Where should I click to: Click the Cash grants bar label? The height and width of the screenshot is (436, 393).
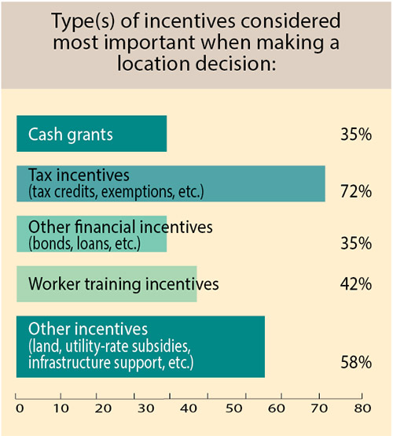pos(71,134)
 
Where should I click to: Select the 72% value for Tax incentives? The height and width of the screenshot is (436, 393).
pos(356,191)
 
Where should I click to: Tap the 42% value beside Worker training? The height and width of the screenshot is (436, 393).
pos(356,283)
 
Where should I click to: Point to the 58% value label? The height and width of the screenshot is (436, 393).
pos(356,363)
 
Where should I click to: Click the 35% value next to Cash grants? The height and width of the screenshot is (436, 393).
pos(356,135)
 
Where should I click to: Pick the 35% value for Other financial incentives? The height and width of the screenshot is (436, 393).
pos(356,242)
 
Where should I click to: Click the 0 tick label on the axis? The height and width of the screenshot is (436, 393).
pos(20,408)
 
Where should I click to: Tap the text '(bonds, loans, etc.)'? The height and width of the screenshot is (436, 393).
pos(84,244)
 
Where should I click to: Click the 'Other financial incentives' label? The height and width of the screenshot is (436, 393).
pos(120,227)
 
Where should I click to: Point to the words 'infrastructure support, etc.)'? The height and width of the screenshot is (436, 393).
pos(110,363)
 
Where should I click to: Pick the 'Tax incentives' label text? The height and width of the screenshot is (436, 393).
pos(78,175)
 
